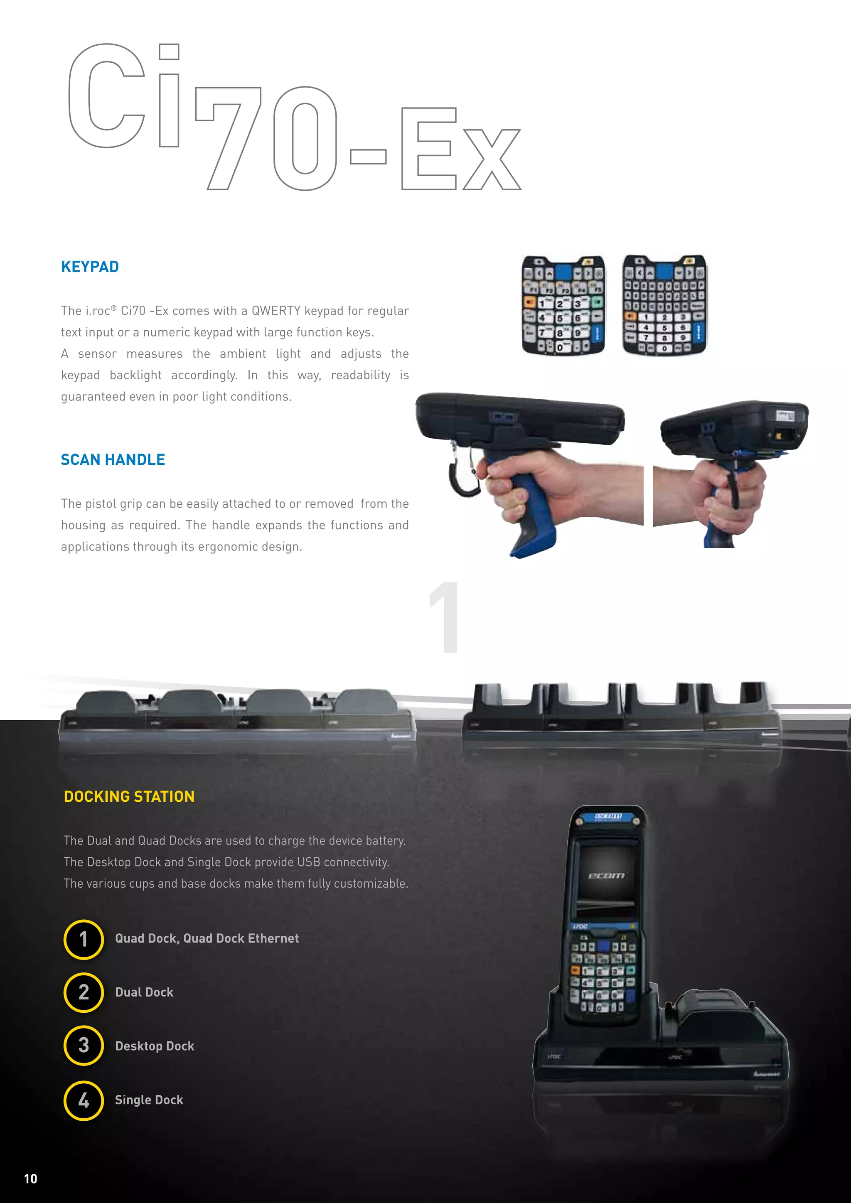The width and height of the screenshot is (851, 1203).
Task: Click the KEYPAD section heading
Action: [90, 267]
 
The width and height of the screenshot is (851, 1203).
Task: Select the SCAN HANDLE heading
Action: [113, 459]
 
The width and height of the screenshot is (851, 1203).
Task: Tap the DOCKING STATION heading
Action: [129, 796]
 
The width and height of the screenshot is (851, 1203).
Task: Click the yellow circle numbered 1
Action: [84, 939]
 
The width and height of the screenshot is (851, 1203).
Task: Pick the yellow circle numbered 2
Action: [84, 992]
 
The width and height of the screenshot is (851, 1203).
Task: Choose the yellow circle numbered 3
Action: [84, 1045]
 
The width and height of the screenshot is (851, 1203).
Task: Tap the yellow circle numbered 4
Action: [84, 1100]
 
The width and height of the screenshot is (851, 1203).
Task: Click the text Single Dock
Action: [149, 1100]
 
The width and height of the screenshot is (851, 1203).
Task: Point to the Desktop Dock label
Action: [155, 1046]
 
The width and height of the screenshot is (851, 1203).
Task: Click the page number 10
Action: [30, 1178]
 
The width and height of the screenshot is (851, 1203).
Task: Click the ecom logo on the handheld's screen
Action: [606, 876]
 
